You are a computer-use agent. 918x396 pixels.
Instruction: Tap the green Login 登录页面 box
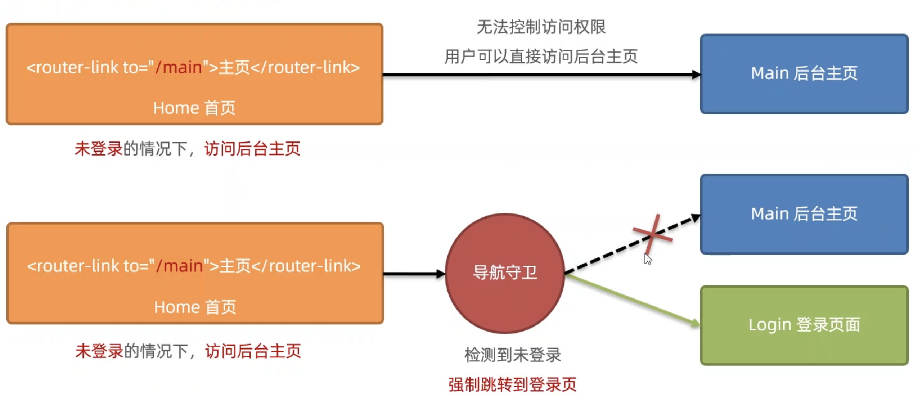(x=804, y=325)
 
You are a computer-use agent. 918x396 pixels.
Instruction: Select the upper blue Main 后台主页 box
(x=804, y=74)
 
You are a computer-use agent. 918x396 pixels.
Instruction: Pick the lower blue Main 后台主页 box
(x=804, y=214)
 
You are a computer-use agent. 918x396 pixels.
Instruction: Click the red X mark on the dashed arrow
(x=652, y=234)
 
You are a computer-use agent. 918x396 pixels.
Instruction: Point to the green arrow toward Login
(x=630, y=299)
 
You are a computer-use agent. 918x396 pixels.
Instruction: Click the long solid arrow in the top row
(x=540, y=75)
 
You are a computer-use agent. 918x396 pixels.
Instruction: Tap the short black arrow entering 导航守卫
(x=414, y=274)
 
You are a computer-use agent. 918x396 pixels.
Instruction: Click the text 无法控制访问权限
(x=541, y=27)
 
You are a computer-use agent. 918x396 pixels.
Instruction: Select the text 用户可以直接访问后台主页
(x=541, y=57)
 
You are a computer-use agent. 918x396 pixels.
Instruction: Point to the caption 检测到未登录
(x=512, y=355)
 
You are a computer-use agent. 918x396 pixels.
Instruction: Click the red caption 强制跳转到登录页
(x=512, y=384)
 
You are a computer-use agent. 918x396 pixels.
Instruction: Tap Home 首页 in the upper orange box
(x=194, y=108)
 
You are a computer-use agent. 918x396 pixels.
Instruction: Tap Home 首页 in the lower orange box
(x=195, y=307)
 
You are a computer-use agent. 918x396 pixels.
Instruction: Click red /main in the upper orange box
(x=178, y=67)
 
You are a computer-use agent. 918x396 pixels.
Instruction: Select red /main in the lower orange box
(x=179, y=266)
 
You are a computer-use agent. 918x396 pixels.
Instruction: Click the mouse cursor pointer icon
(x=648, y=259)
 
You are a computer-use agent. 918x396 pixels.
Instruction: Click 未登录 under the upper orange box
(x=98, y=149)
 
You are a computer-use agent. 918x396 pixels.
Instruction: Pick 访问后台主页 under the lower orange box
(x=253, y=351)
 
